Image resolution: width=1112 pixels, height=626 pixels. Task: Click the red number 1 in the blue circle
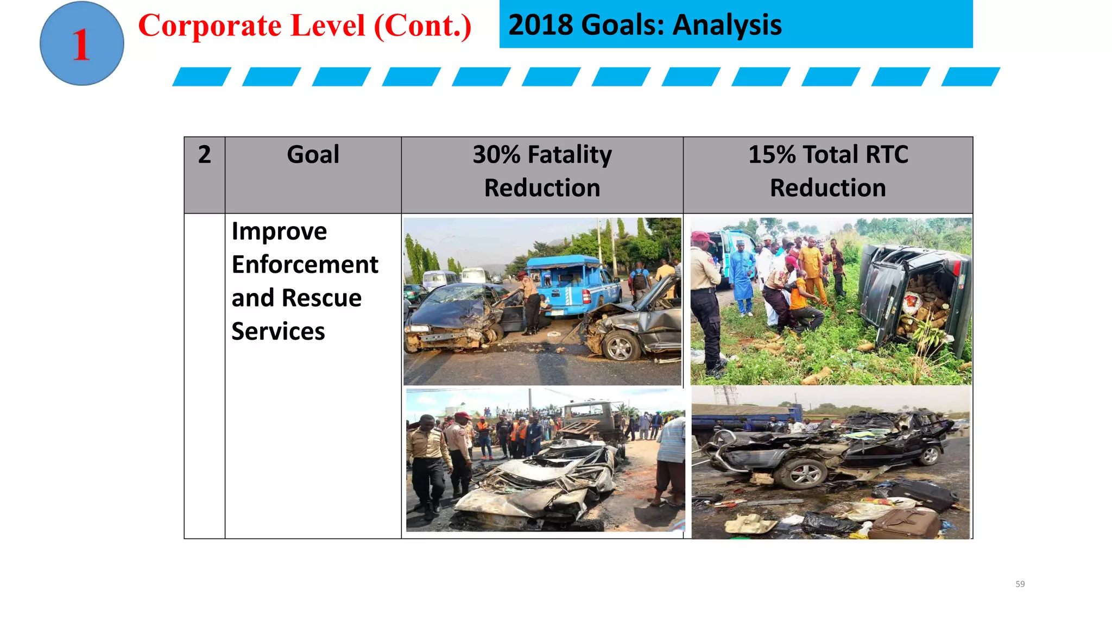(81, 45)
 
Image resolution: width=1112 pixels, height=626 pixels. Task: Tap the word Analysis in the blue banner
(727, 25)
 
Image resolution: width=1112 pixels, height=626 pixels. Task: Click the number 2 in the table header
(204, 155)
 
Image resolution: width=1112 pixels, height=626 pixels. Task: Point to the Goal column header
(313, 155)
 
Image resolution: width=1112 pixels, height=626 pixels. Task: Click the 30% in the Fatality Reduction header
(497, 155)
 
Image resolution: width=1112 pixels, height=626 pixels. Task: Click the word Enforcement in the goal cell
(305, 265)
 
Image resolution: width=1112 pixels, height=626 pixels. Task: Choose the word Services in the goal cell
(278, 331)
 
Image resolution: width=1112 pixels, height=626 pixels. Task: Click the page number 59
(1020, 584)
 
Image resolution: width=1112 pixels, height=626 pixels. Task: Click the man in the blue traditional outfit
(742, 274)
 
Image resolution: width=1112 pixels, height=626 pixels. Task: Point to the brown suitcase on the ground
(904, 524)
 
